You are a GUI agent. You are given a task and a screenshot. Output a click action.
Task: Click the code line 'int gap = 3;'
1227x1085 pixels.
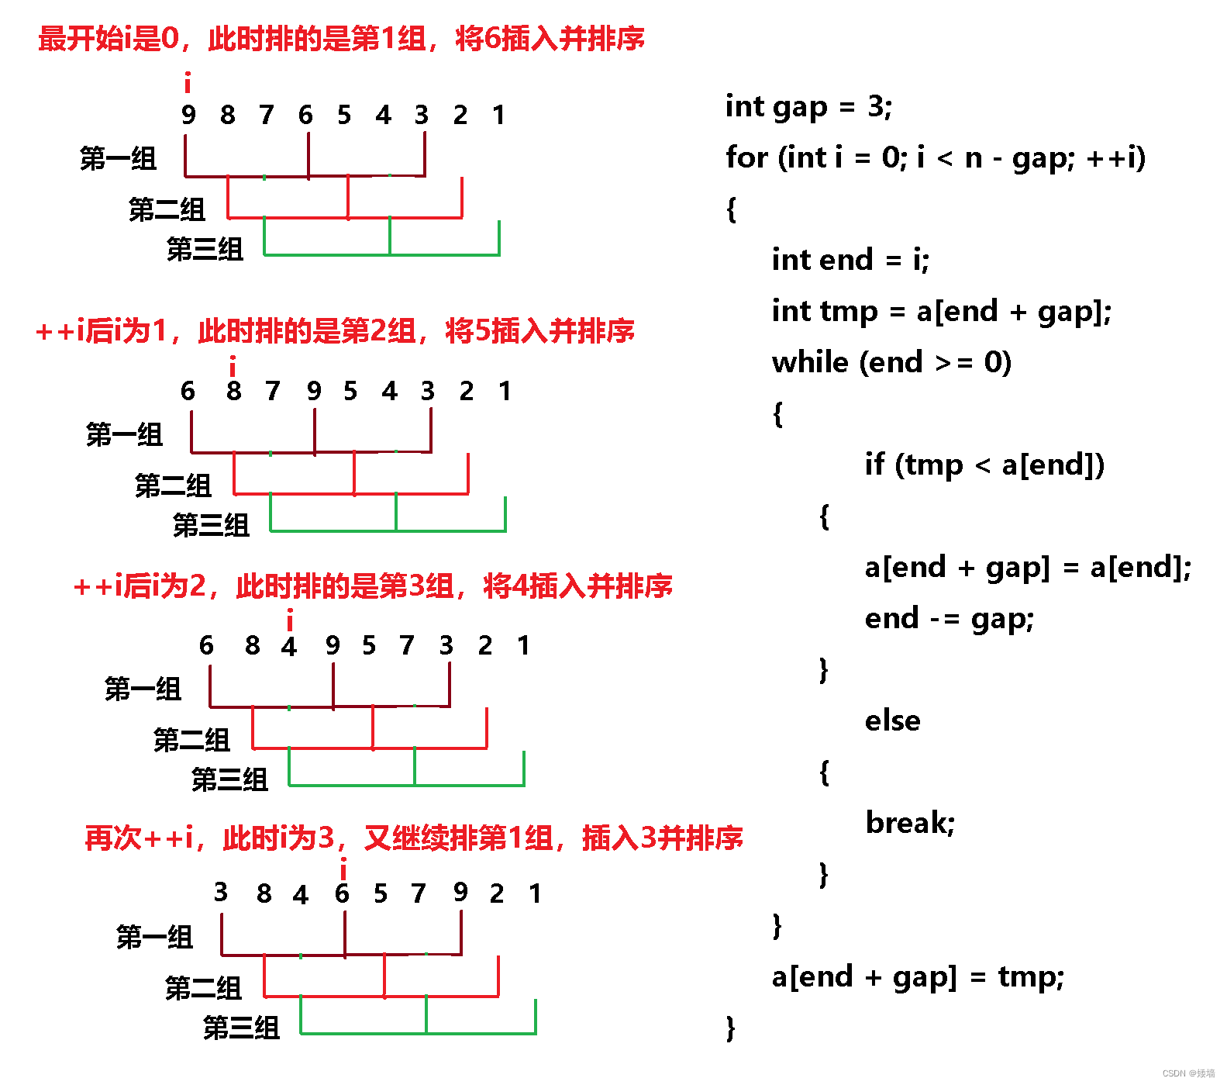pos(808,107)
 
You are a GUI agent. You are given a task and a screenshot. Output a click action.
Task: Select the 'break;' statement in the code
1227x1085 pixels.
pos(910,823)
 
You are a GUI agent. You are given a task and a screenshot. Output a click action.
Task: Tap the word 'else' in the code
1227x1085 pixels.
pos(892,721)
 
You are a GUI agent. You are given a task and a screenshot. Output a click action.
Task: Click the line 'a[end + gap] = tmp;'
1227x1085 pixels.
pos(918,977)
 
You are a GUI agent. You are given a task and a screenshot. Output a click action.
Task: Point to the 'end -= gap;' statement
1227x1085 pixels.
pos(949,619)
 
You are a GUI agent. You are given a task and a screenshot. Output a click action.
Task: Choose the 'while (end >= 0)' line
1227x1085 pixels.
pos(891,363)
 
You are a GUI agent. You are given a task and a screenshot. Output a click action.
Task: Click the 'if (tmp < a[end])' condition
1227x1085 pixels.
pos(984,465)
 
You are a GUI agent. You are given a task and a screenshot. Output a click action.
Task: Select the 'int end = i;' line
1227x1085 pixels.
pos(850,260)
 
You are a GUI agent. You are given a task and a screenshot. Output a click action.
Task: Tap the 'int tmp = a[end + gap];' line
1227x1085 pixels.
pos(942,312)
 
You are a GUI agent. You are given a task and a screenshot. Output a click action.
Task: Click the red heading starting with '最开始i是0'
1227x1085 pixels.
pos(341,38)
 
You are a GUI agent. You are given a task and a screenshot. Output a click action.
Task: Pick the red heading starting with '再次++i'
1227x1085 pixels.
pos(413,838)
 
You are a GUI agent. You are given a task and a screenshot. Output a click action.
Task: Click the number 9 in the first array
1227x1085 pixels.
pos(188,116)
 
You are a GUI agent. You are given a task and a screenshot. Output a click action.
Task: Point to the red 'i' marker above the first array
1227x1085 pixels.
pos(188,82)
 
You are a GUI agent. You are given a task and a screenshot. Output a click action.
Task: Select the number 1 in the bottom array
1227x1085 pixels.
pos(535,893)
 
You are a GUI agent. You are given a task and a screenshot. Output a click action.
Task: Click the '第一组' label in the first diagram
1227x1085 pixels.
pos(118,159)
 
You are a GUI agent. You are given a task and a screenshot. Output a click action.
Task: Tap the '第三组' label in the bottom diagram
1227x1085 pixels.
pos(241,1028)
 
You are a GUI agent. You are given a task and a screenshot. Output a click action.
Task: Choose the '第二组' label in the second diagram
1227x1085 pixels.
pos(173,486)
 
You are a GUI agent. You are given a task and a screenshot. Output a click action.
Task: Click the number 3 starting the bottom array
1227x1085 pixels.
pos(221,892)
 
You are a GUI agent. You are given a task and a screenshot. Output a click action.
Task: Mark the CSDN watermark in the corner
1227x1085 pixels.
pos(1187,1073)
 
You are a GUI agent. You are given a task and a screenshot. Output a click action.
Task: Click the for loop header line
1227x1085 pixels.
pos(935,158)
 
